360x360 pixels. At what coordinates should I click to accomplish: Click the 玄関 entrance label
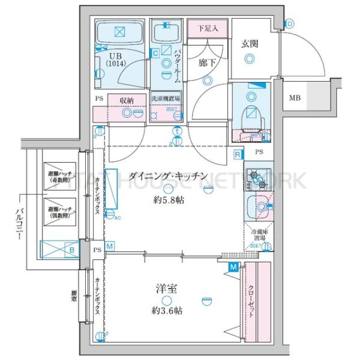(x=250, y=43)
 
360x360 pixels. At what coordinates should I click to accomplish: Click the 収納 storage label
(x=126, y=100)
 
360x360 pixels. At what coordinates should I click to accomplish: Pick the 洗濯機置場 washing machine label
(x=166, y=100)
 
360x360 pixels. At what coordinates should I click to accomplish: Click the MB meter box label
(x=295, y=98)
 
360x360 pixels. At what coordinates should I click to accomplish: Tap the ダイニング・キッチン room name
(x=169, y=175)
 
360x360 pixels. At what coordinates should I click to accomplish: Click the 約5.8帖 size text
(x=169, y=200)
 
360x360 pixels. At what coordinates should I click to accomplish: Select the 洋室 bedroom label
(x=168, y=289)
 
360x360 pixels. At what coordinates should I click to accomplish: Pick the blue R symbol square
(x=238, y=155)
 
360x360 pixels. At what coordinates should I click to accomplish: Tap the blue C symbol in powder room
(x=155, y=53)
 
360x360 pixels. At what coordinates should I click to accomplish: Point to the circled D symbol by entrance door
(x=290, y=24)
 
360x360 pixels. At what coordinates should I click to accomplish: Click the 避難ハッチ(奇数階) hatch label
(x=60, y=177)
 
